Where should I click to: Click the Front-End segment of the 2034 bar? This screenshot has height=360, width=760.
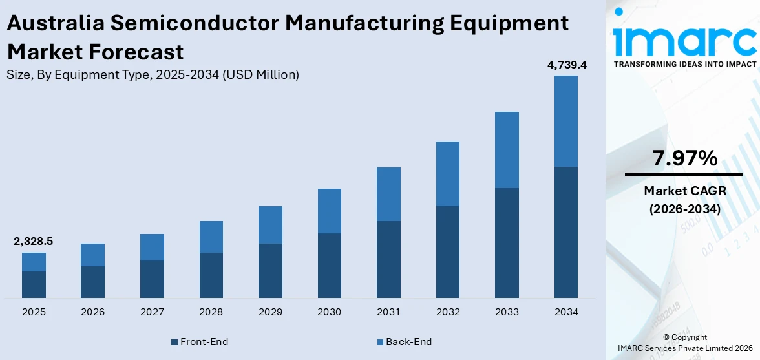point(565,232)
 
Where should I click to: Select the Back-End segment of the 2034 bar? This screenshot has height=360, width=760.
point(565,121)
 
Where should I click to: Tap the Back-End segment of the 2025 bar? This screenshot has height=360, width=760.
point(34,262)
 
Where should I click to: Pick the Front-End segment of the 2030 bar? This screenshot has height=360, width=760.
point(329,265)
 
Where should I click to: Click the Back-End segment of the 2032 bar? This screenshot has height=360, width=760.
point(447,174)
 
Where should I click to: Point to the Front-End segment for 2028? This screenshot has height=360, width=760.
point(211,275)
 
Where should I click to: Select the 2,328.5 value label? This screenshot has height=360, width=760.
point(34,241)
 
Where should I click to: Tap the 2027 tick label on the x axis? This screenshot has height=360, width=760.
point(152,312)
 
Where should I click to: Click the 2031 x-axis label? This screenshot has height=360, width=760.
point(388,312)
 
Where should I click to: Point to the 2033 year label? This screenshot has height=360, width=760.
point(507,312)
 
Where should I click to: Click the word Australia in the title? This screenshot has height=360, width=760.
point(54,23)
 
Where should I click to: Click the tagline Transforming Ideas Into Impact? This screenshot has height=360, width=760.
point(684,64)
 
